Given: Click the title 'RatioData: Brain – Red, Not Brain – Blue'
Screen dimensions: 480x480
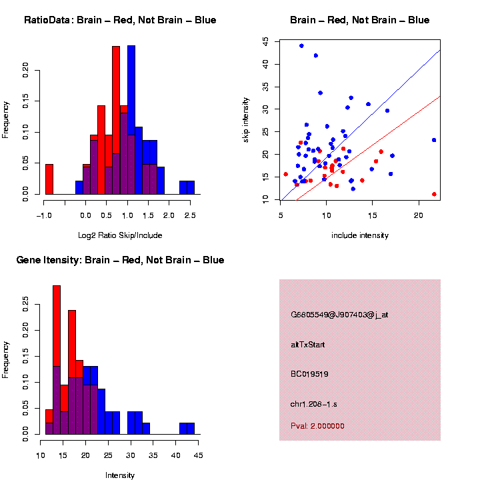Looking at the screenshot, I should pos(120,20).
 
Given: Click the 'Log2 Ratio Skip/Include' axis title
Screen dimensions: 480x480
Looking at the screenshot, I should pos(120,235).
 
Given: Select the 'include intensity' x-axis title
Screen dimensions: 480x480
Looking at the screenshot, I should pos(360,235).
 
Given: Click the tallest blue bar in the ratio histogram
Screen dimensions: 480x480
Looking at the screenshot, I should pos(131,120).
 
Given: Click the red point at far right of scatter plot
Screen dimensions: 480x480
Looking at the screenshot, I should pos(434,194).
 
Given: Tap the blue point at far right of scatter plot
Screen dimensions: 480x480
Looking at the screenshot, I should pos(434,140).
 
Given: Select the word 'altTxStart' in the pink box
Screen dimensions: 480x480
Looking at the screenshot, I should pos(307,345).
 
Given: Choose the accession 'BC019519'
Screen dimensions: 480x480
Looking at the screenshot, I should pos(310,374).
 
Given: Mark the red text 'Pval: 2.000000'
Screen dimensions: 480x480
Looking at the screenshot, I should pos(317,426).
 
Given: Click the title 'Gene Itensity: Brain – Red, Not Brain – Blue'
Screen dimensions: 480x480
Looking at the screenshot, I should pos(120,260).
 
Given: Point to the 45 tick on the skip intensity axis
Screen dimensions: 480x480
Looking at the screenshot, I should pos(266,41).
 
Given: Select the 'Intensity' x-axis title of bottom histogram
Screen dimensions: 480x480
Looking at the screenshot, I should pos(120,475).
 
